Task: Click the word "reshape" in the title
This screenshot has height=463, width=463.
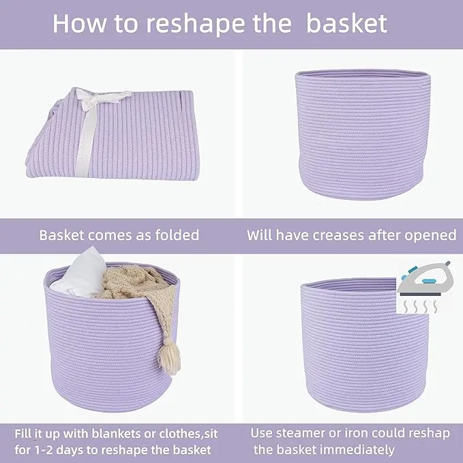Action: [x=196, y=25]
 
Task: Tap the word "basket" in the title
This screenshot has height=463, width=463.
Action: [x=346, y=23]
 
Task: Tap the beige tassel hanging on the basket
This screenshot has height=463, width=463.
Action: [x=169, y=356]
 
